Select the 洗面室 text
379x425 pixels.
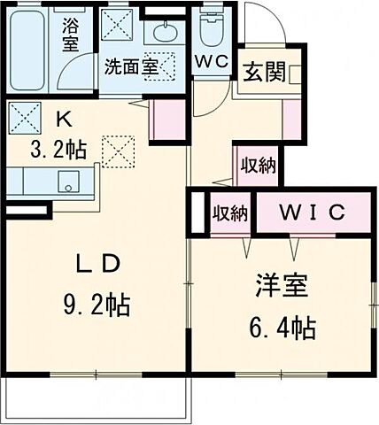click(x=130, y=66)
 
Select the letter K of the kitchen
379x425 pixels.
click(x=64, y=118)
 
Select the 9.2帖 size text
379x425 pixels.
click(x=96, y=306)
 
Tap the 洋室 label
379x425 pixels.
click(x=278, y=288)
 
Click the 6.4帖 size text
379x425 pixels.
click(x=279, y=329)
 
